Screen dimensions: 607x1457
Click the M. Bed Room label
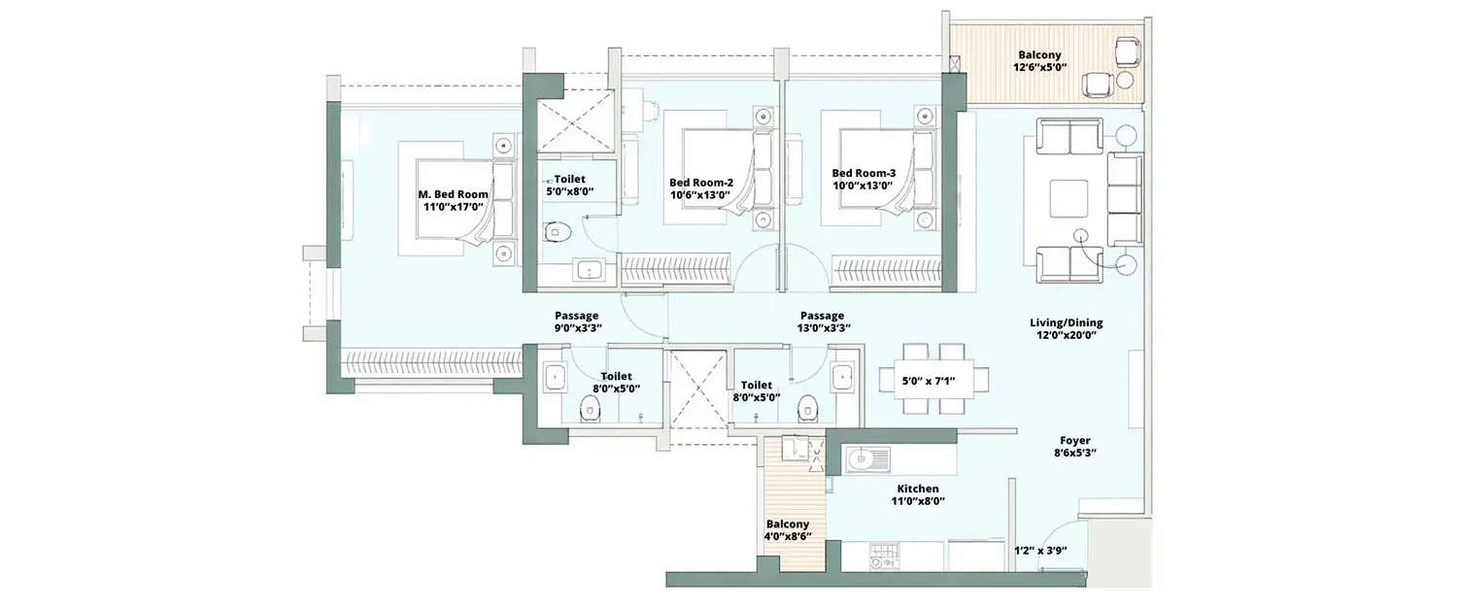point(447,194)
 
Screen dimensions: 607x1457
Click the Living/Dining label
point(1066,322)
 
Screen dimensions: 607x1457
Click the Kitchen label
point(918,489)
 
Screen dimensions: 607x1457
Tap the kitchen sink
point(862,457)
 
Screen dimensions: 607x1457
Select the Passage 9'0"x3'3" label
point(577,321)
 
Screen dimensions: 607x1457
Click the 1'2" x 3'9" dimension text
point(1040,551)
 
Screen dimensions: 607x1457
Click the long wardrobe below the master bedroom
point(427,361)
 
